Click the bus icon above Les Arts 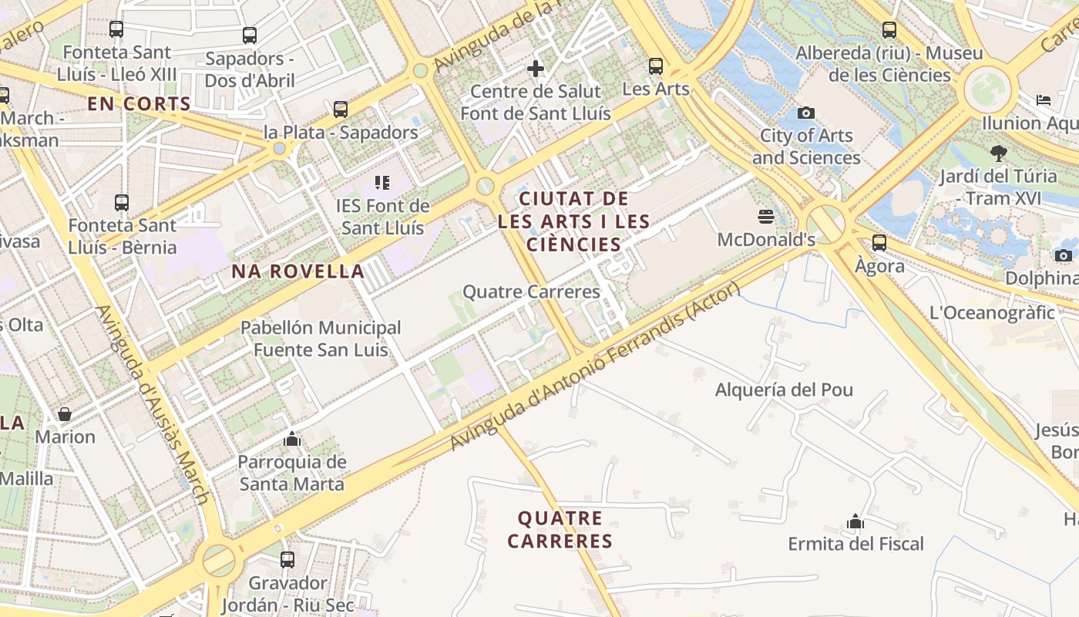tap(655, 66)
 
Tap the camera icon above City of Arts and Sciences tap(806, 113)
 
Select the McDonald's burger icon tap(765, 216)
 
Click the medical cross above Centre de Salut tap(536, 69)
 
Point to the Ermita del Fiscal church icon tap(855, 521)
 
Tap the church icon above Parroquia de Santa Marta tap(291, 439)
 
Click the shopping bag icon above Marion tap(65, 414)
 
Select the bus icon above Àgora tap(879, 243)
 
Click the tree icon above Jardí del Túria tap(999, 153)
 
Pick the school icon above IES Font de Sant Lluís tap(382, 183)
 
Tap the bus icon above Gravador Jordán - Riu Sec tap(287, 560)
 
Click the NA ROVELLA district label tap(298, 271)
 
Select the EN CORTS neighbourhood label tap(139, 104)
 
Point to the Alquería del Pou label tap(784, 389)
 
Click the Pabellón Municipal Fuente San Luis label tap(321, 339)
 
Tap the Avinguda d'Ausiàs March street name tap(152, 404)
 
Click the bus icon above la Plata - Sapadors tap(341, 110)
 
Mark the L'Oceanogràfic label tap(992, 312)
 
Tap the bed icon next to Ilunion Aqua tap(1044, 100)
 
